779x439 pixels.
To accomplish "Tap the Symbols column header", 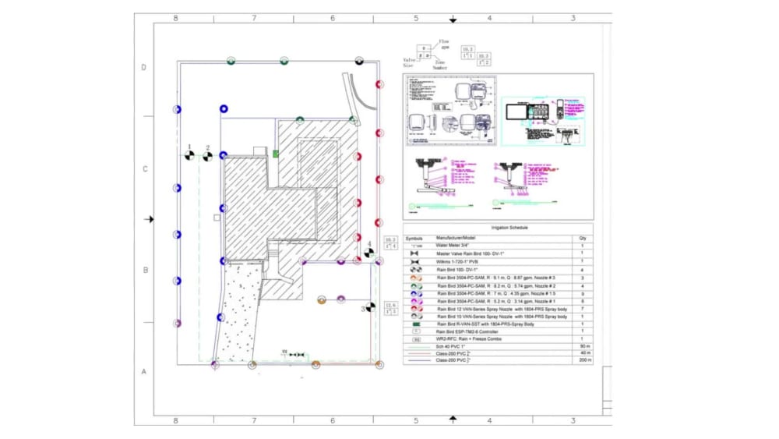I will coord(414,238).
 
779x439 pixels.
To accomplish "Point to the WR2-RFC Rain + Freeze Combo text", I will coord(467,339).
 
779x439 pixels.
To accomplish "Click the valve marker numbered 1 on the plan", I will coord(189,156).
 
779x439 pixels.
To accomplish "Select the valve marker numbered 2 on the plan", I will coord(207,156).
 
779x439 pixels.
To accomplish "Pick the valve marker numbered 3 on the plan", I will coord(370,308).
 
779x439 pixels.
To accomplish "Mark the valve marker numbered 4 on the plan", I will coord(369,253).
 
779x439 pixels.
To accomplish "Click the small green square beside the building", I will coord(276,154).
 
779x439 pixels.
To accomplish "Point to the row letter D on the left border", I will coord(143,67).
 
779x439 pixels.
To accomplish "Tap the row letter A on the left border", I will coord(143,372).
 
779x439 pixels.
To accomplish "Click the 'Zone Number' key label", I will coord(440,64).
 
